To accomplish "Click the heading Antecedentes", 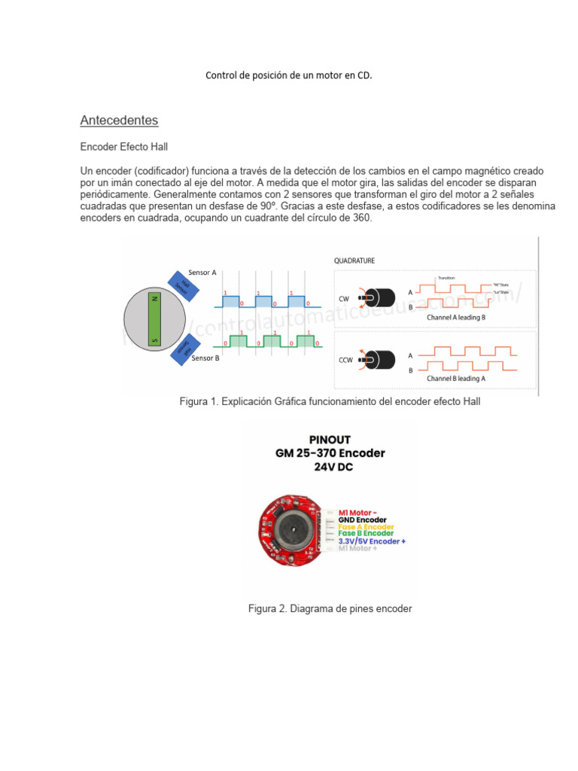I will click(119, 120).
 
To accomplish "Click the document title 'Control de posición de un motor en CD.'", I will click(289, 76).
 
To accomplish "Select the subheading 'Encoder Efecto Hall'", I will click(129, 148).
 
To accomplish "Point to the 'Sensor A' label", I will click(202, 273).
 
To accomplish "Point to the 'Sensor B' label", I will click(205, 358).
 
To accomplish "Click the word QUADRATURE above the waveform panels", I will click(354, 261).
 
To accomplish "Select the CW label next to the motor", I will click(344, 299).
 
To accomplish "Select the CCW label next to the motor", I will click(345, 360).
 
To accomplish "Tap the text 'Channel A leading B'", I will click(456, 318).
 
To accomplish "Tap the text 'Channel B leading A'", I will click(456, 378).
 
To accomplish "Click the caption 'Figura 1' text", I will click(330, 402).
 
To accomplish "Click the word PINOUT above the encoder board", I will click(330, 439).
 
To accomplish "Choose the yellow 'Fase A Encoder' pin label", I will click(366, 527).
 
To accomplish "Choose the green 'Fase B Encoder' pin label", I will click(366, 534).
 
